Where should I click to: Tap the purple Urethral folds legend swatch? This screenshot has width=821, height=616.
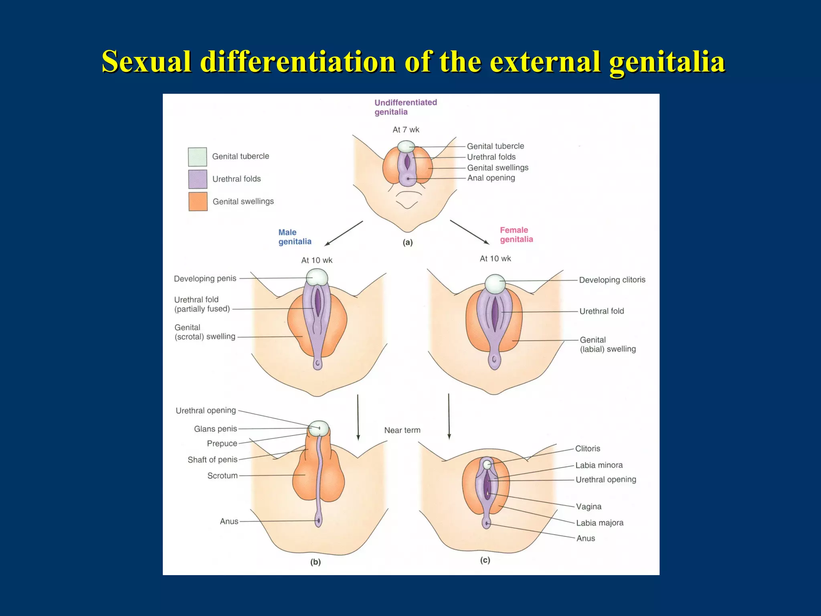pos(198,179)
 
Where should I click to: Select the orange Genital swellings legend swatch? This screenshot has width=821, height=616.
pos(198,201)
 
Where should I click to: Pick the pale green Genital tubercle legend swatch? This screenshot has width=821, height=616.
pos(198,157)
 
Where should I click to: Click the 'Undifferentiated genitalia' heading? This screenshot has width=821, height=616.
pos(405,107)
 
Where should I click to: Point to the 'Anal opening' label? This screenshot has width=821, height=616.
pos(491,178)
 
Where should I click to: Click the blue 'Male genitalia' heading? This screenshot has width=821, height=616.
pos(295,237)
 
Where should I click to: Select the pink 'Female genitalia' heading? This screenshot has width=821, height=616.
pos(516,235)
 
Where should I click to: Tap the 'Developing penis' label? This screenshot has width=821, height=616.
pos(205,278)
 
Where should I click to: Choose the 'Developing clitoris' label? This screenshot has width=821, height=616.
pos(612,280)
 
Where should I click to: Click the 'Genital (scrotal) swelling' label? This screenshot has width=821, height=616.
pos(205,332)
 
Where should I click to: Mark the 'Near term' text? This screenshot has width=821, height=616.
pos(402,430)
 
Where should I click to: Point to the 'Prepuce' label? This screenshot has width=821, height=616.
pos(222,443)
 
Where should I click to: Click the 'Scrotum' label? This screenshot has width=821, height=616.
pos(222,476)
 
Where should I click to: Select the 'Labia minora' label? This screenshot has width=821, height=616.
pos(599,465)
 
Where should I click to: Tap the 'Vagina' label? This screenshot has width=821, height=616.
pos(588,507)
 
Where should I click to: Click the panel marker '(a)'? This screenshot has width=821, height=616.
pos(408,242)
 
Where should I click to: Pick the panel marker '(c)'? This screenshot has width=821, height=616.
pos(485,560)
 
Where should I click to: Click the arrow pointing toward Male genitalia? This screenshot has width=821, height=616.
pos(344,233)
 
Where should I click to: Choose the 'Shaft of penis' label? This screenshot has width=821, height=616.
pos(212,460)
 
